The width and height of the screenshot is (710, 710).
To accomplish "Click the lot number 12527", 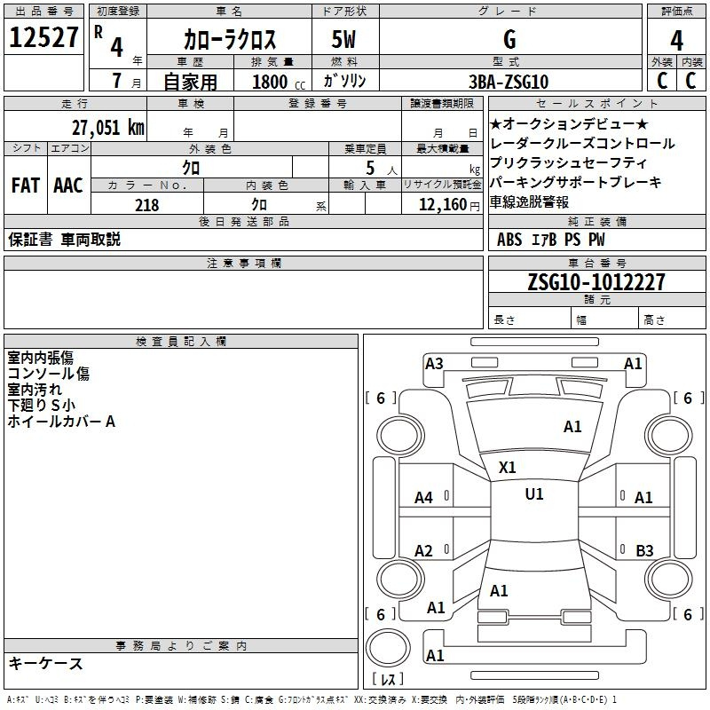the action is (43, 37).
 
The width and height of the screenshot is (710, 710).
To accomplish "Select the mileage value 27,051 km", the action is (108, 128).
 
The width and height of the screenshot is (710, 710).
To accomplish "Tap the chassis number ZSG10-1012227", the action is (596, 282).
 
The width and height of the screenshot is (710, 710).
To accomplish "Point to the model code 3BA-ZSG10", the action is (509, 82).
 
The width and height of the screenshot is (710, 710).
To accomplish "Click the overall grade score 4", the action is (676, 41).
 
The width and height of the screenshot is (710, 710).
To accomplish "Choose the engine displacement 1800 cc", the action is (279, 82).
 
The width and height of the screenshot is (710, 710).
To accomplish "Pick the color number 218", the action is (146, 205).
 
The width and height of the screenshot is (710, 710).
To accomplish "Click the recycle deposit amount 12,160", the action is (443, 205).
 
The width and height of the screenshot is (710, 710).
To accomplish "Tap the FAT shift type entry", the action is (26, 185).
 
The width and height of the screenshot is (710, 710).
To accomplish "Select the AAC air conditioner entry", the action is (68, 185).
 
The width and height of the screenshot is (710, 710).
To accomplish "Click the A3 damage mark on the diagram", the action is (434, 364).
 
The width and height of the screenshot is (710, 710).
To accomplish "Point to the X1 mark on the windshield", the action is (507, 468).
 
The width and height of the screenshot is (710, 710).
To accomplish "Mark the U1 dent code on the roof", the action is (534, 494).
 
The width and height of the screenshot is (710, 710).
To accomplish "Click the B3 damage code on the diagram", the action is (644, 550).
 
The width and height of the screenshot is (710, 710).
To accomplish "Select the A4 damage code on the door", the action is (423, 498).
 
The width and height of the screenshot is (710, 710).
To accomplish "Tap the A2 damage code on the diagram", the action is (423, 550).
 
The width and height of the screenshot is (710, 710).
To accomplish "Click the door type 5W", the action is (343, 39).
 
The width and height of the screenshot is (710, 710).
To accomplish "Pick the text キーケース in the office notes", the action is (46, 663).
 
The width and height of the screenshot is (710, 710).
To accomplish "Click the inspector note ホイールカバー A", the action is (61, 422).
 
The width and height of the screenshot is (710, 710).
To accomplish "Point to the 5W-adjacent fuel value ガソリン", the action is (344, 81).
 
